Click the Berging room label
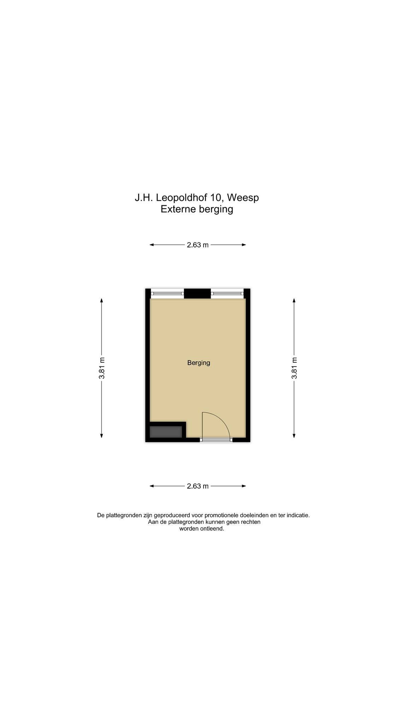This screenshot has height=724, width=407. (x=199, y=363)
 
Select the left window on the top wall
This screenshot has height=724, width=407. (x=167, y=293)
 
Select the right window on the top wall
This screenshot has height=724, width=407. (x=227, y=293)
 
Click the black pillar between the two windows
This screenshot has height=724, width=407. (x=197, y=293)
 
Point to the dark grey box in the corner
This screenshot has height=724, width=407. (x=166, y=432)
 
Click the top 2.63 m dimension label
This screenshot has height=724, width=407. (x=197, y=245)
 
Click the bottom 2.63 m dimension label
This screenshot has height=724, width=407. (x=197, y=486)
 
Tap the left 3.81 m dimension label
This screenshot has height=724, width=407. (x=102, y=368)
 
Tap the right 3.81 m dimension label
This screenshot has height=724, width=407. (x=294, y=368)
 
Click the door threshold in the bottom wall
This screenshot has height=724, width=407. (x=216, y=440)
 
